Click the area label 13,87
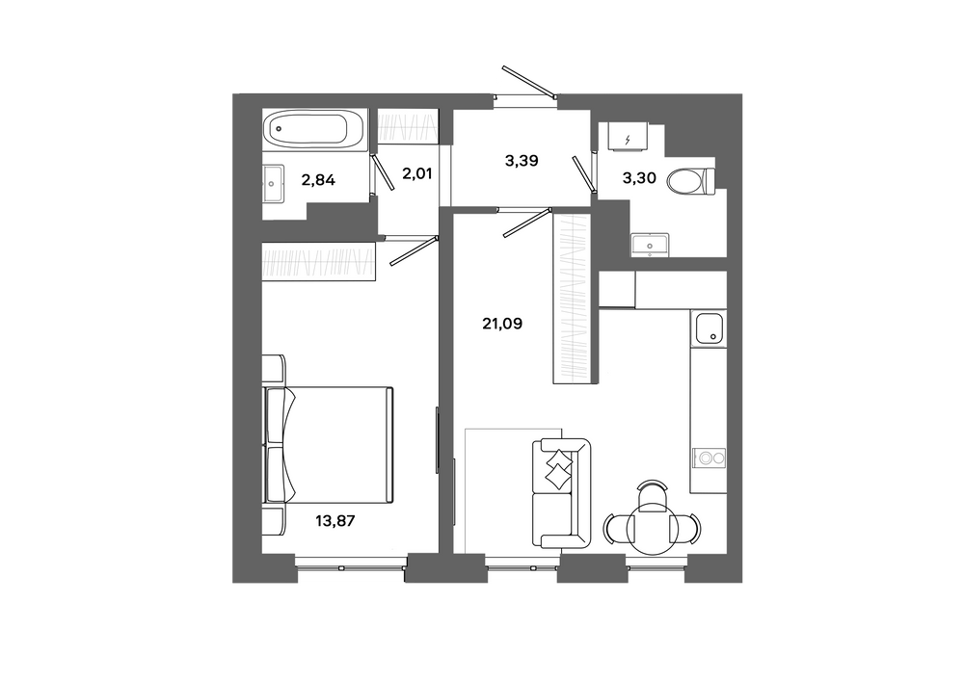(335, 521)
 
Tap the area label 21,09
(502, 324)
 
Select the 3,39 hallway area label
(522, 161)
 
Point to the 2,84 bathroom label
(318, 180)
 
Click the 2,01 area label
(416, 173)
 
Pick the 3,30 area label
(639, 179)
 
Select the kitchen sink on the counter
(709, 328)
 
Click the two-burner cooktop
(709, 458)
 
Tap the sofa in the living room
(561, 493)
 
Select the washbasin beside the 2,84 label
(274, 184)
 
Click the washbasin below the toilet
(650, 244)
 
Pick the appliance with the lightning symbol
(628, 137)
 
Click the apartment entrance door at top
(528, 81)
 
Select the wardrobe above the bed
(318, 262)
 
